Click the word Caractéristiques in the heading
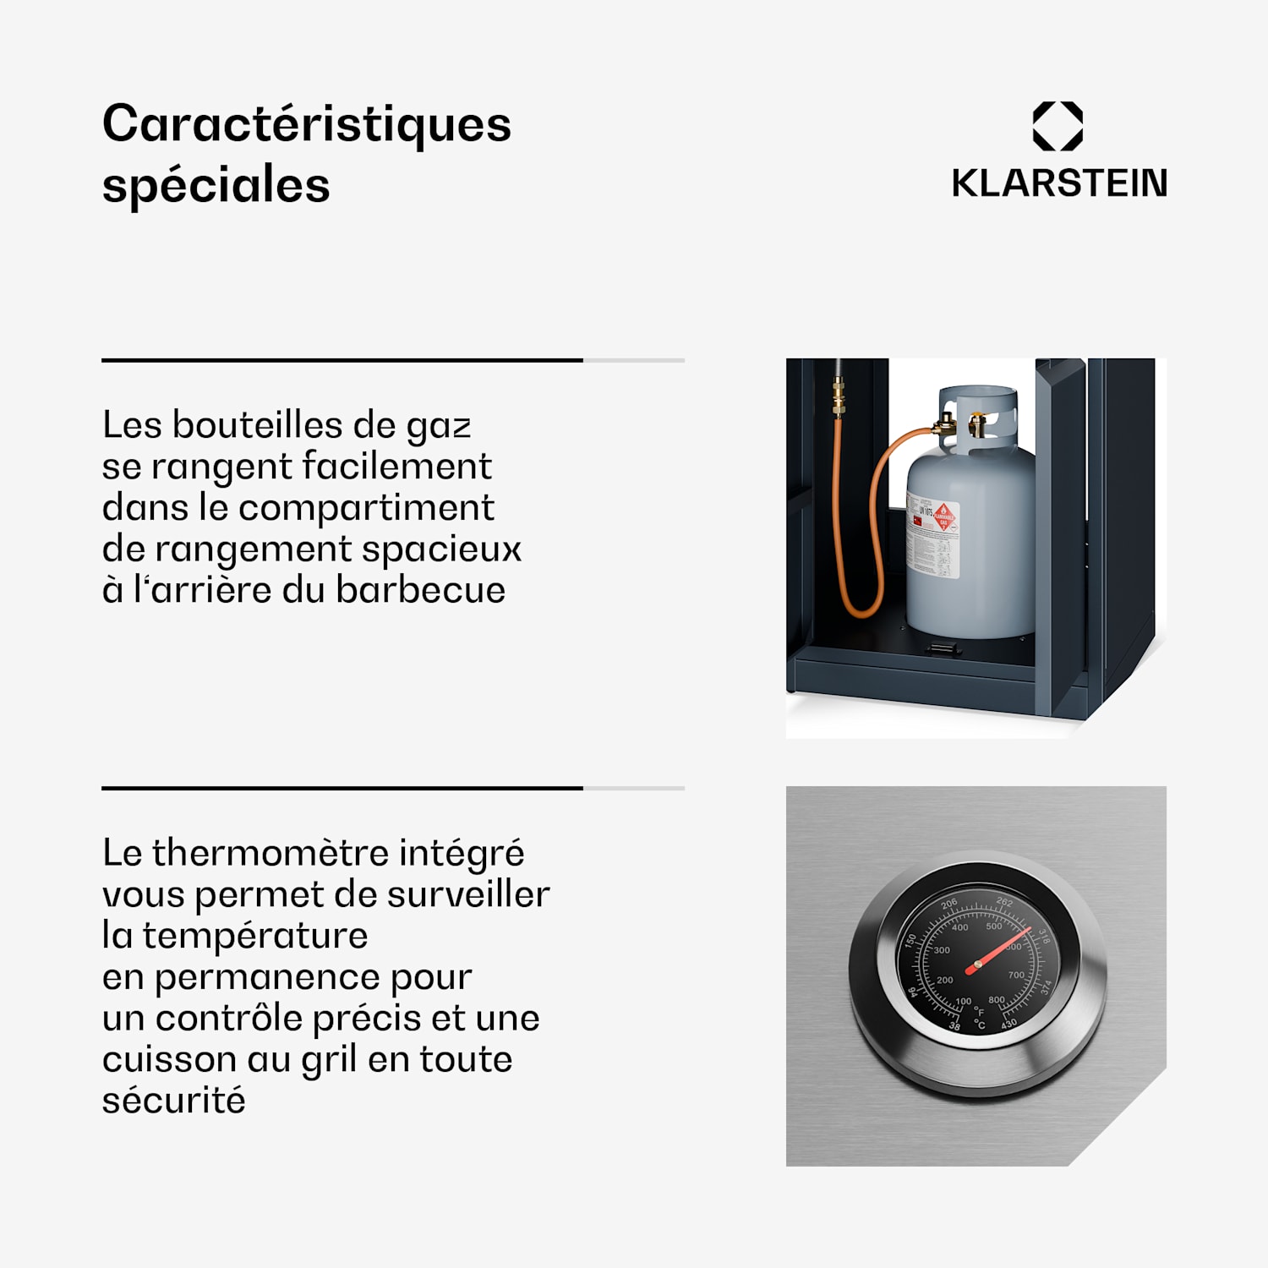point(306,125)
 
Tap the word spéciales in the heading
point(216,186)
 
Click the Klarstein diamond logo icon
point(1058,126)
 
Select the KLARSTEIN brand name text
point(1059,183)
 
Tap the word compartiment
point(366,507)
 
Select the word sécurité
point(173,1101)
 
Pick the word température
point(254,935)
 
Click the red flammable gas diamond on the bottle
point(943,515)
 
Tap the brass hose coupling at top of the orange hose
point(838,397)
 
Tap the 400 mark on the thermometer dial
point(960,927)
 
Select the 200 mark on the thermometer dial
point(945,980)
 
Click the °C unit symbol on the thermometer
point(980,1025)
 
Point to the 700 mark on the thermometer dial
point(1016,975)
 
